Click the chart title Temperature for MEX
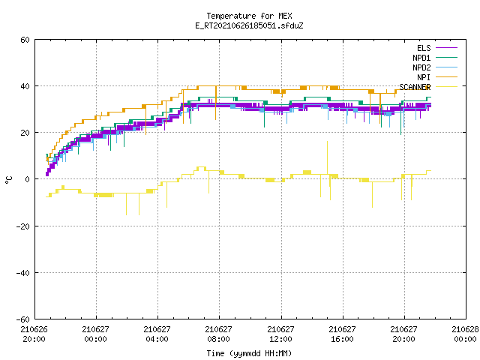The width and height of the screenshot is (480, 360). pos(249,16)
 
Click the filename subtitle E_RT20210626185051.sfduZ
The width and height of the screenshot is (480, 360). pos(249,25)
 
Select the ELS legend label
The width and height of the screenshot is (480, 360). pos(424,48)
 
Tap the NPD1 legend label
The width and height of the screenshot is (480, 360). pos(421,58)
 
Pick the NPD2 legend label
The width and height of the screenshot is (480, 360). pos(421,67)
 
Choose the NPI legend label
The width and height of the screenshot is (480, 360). pos(424,77)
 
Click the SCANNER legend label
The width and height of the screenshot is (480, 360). pos(415,87)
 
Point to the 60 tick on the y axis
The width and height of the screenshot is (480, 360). pos(25,40)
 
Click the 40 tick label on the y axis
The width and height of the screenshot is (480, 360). pos(25,86)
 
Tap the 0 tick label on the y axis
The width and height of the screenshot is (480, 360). pos(28,179)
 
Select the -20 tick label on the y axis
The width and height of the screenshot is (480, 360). pos(23,226)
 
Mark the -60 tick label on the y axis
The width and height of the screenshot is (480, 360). pos(23,319)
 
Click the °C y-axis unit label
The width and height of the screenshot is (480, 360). pos(9,180)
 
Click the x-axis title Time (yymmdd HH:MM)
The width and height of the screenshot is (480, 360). pos(249,353)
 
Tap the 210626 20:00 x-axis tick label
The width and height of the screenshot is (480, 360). pos(34,334)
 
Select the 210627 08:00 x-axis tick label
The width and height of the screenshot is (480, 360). pos(218,334)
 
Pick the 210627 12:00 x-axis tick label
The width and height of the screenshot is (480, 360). pos(280,334)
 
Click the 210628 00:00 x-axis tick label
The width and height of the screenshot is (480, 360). pos(465,334)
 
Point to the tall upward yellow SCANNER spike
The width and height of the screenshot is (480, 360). pos(327,157)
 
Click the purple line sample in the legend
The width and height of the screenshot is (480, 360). pos(446,48)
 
